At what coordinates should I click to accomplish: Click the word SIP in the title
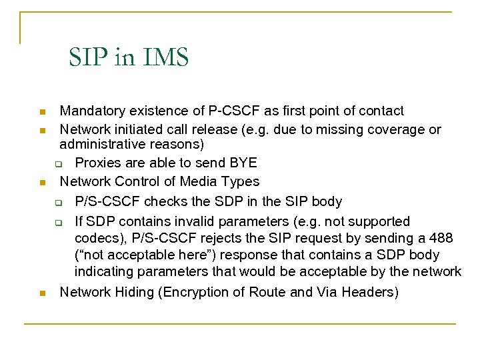point(88,57)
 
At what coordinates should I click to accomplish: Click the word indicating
point(105,272)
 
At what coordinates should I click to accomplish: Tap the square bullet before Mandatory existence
point(42,111)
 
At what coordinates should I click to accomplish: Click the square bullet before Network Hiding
point(42,293)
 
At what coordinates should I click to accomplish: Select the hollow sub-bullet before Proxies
point(58,164)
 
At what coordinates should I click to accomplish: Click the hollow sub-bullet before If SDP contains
point(58,222)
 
